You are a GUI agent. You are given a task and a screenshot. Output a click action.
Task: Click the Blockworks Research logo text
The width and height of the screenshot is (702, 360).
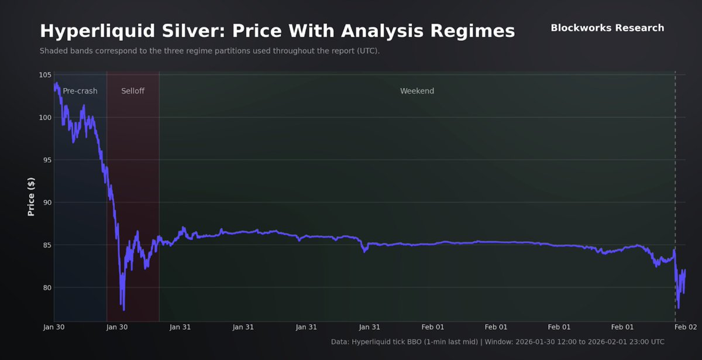coord(607,28)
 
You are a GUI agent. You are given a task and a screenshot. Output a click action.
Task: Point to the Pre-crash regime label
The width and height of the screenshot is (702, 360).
coord(80,91)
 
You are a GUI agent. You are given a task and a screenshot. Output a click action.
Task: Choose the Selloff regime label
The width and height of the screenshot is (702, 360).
coord(133,91)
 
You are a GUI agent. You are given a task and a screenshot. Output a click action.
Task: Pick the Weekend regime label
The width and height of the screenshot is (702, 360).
coord(417,91)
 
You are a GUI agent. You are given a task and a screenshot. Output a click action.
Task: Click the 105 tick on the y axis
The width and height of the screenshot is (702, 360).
coord(45,75)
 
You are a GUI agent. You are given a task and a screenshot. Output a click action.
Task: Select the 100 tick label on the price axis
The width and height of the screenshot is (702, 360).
coord(45,118)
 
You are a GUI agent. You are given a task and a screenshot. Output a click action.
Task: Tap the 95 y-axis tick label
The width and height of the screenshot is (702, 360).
coord(47,160)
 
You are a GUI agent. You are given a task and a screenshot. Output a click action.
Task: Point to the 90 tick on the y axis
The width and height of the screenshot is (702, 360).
coord(47,203)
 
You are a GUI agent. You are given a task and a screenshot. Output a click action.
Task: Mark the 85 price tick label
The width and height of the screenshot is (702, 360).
coord(47,245)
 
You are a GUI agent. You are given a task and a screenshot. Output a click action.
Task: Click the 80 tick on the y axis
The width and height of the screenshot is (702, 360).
coord(47,287)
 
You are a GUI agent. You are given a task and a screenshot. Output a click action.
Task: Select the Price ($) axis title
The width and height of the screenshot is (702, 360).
coord(31,197)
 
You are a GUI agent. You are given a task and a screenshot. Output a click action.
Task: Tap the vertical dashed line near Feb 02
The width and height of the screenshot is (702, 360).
coord(675,176)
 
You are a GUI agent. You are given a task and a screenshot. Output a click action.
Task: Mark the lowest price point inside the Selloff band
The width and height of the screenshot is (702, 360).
coord(123,310)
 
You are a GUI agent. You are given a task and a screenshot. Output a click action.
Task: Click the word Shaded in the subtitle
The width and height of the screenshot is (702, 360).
coord(53,51)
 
